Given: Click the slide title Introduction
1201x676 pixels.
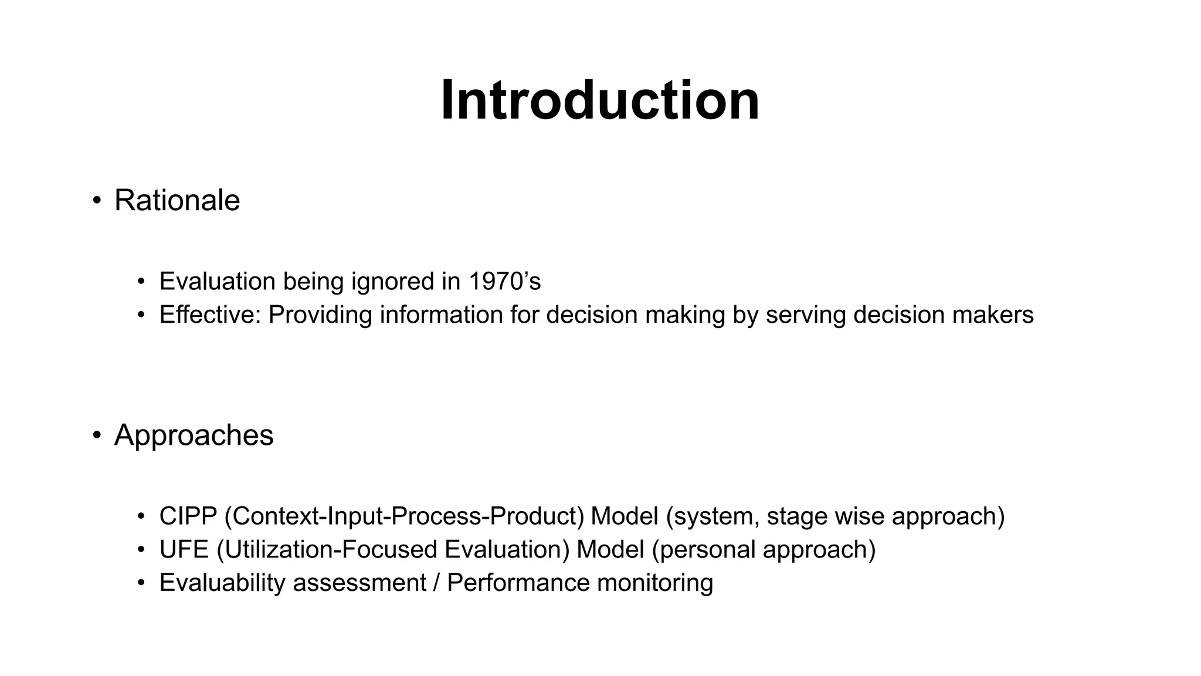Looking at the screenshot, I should click(x=600, y=101).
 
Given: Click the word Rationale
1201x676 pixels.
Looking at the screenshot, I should click(x=177, y=201).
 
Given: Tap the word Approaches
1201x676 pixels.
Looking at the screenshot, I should click(x=194, y=435).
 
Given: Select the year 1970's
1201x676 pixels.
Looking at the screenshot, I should click(x=504, y=282).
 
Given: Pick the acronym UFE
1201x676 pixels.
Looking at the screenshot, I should click(x=184, y=550).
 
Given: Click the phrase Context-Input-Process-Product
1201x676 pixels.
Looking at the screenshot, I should click(x=405, y=516).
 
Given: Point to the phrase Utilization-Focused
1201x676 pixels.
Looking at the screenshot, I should click(x=330, y=550).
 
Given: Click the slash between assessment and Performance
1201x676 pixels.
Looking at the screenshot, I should click(x=436, y=583).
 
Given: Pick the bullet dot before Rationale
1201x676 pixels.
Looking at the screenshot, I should click(x=97, y=201).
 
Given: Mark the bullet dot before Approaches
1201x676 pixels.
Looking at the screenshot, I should click(x=97, y=435).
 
